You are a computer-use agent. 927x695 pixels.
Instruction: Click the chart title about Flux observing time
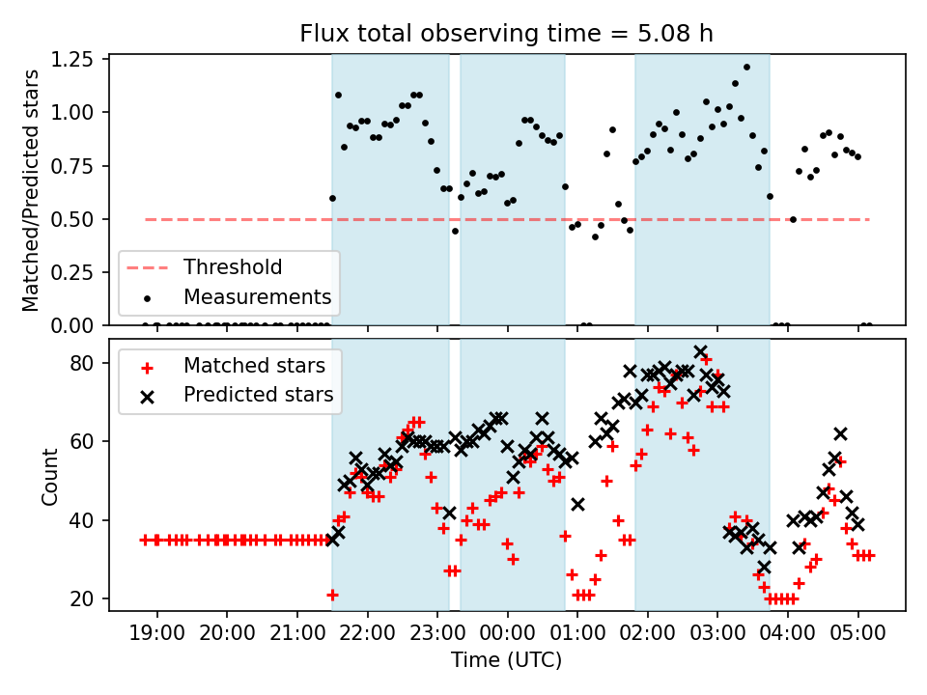507,35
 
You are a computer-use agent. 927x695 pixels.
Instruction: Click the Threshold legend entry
233,267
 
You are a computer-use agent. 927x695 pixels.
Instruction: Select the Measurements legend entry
257,296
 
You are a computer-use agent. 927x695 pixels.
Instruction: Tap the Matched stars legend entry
254,367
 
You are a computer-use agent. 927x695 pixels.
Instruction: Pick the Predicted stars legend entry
258,395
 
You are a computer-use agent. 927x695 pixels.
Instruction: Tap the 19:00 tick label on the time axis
156,635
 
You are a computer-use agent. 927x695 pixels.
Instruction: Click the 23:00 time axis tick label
437,635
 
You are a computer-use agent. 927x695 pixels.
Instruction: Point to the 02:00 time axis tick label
648,635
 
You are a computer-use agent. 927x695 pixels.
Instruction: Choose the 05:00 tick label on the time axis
858,635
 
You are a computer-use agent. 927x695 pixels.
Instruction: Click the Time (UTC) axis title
507,661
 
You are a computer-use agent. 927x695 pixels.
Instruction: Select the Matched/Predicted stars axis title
31,190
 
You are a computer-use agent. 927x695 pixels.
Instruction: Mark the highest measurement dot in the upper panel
746,68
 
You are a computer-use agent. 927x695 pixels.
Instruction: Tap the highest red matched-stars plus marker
706,360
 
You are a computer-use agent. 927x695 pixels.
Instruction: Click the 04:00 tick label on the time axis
788,635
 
